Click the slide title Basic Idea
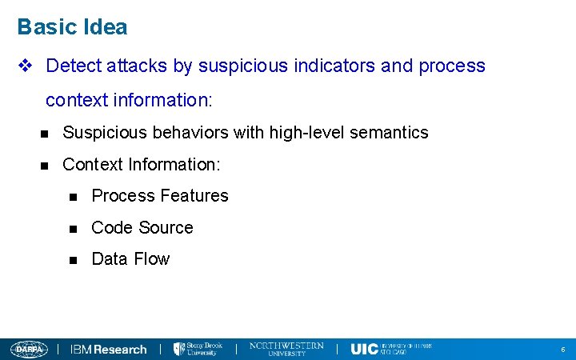72,27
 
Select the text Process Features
160,196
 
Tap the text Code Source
142,228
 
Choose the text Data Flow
130,259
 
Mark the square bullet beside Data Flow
74,260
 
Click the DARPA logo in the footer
30,349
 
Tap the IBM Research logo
109,349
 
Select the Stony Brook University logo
198,349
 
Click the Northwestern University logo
286,349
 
